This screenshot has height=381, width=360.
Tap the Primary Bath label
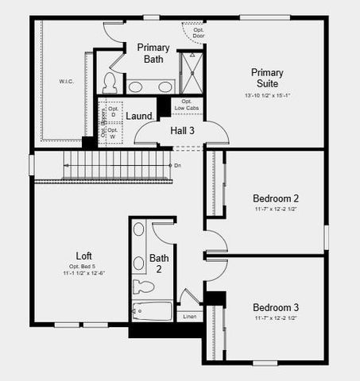(x=153, y=53)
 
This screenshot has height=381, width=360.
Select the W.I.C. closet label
(x=65, y=82)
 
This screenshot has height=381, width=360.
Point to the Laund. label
(x=139, y=116)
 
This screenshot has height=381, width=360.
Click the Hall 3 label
(x=183, y=130)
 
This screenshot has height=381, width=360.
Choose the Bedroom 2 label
(x=275, y=198)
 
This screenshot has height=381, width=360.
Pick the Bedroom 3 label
(x=275, y=307)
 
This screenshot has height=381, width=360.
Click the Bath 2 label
(x=160, y=264)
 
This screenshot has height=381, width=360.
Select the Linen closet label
(x=191, y=317)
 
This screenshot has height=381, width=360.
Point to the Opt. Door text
(x=193, y=33)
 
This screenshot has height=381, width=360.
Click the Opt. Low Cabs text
(x=188, y=105)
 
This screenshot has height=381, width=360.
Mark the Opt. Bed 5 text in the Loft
(x=94, y=265)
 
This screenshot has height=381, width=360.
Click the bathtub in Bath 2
(x=151, y=311)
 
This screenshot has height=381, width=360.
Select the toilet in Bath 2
(x=144, y=287)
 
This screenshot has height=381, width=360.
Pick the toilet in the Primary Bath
(x=110, y=83)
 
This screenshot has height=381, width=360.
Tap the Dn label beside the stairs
(x=177, y=165)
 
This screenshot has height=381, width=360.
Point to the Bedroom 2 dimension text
(x=275, y=210)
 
